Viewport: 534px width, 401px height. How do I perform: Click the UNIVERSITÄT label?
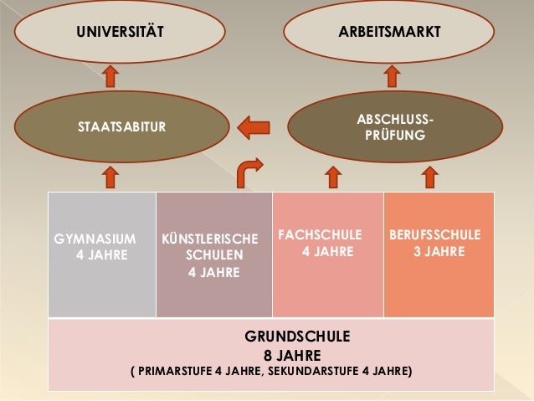point(120,33)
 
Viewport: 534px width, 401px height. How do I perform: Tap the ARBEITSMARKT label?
point(389,33)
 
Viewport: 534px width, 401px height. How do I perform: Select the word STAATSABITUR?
point(121,127)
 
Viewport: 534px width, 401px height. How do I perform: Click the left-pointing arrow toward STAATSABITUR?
point(253,127)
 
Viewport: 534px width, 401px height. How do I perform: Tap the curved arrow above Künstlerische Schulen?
point(248,173)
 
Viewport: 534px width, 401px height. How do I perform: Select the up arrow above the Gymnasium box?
point(110,177)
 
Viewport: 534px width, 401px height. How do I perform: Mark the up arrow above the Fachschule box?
point(331,177)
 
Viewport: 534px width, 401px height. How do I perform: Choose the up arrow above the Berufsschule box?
point(431,177)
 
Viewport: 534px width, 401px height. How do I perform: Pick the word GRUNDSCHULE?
point(297,337)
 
